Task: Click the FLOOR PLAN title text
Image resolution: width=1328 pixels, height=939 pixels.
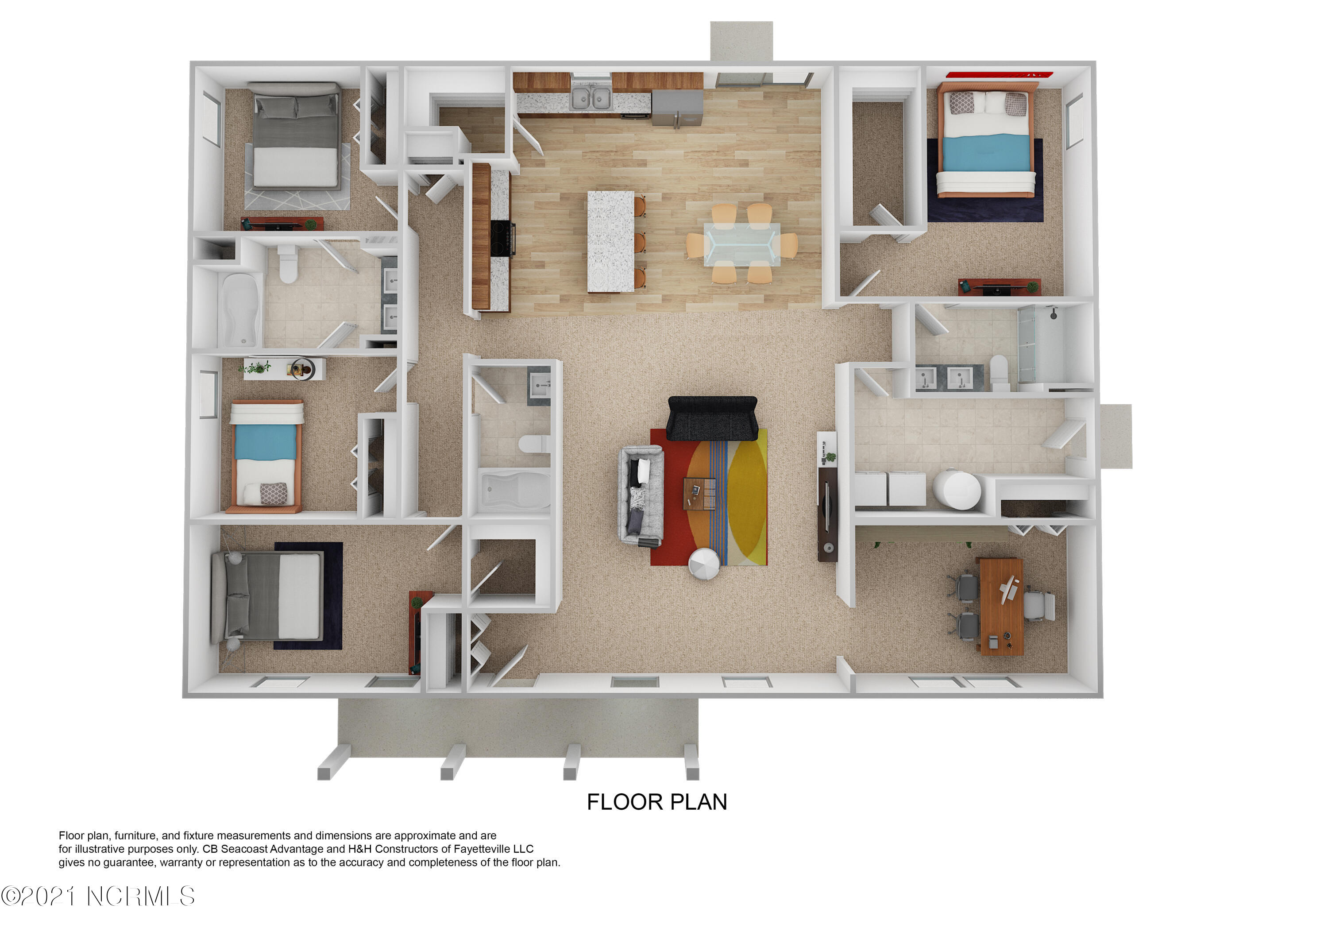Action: pos(656,802)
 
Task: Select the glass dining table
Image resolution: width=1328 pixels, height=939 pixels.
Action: pos(741,243)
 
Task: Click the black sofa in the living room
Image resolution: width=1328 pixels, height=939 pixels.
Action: pos(712,418)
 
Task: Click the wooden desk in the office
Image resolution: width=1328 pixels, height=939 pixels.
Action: pos(1000,606)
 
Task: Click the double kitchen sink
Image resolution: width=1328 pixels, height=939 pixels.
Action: pos(591,98)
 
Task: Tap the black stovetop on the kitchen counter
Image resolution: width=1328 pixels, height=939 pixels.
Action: pos(502,238)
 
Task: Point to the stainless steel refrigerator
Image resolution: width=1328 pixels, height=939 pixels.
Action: pos(677,108)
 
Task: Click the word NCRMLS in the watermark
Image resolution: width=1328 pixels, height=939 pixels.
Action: pos(141,896)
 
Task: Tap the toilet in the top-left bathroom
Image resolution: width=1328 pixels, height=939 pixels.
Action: pos(287,263)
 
